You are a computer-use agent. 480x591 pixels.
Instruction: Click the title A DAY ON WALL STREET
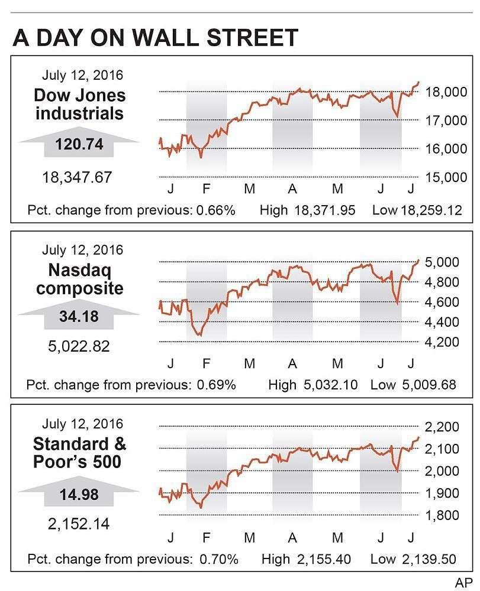click(x=156, y=38)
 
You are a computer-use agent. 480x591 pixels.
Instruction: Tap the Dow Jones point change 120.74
click(x=79, y=145)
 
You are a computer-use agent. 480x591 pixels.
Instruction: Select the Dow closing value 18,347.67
click(x=76, y=177)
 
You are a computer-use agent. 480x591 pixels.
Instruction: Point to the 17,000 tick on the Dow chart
click(x=447, y=121)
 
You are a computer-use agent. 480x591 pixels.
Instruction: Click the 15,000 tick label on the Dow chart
click(x=447, y=177)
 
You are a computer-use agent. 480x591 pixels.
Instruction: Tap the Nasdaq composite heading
click(x=79, y=280)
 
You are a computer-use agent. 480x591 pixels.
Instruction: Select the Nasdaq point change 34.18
click(x=79, y=316)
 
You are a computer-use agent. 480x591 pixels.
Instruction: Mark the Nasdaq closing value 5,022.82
click(x=79, y=346)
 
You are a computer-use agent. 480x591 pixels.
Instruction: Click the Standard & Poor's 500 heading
click(x=79, y=452)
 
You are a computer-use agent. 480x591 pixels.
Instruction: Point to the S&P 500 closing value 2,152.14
click(x=79, y=524)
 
